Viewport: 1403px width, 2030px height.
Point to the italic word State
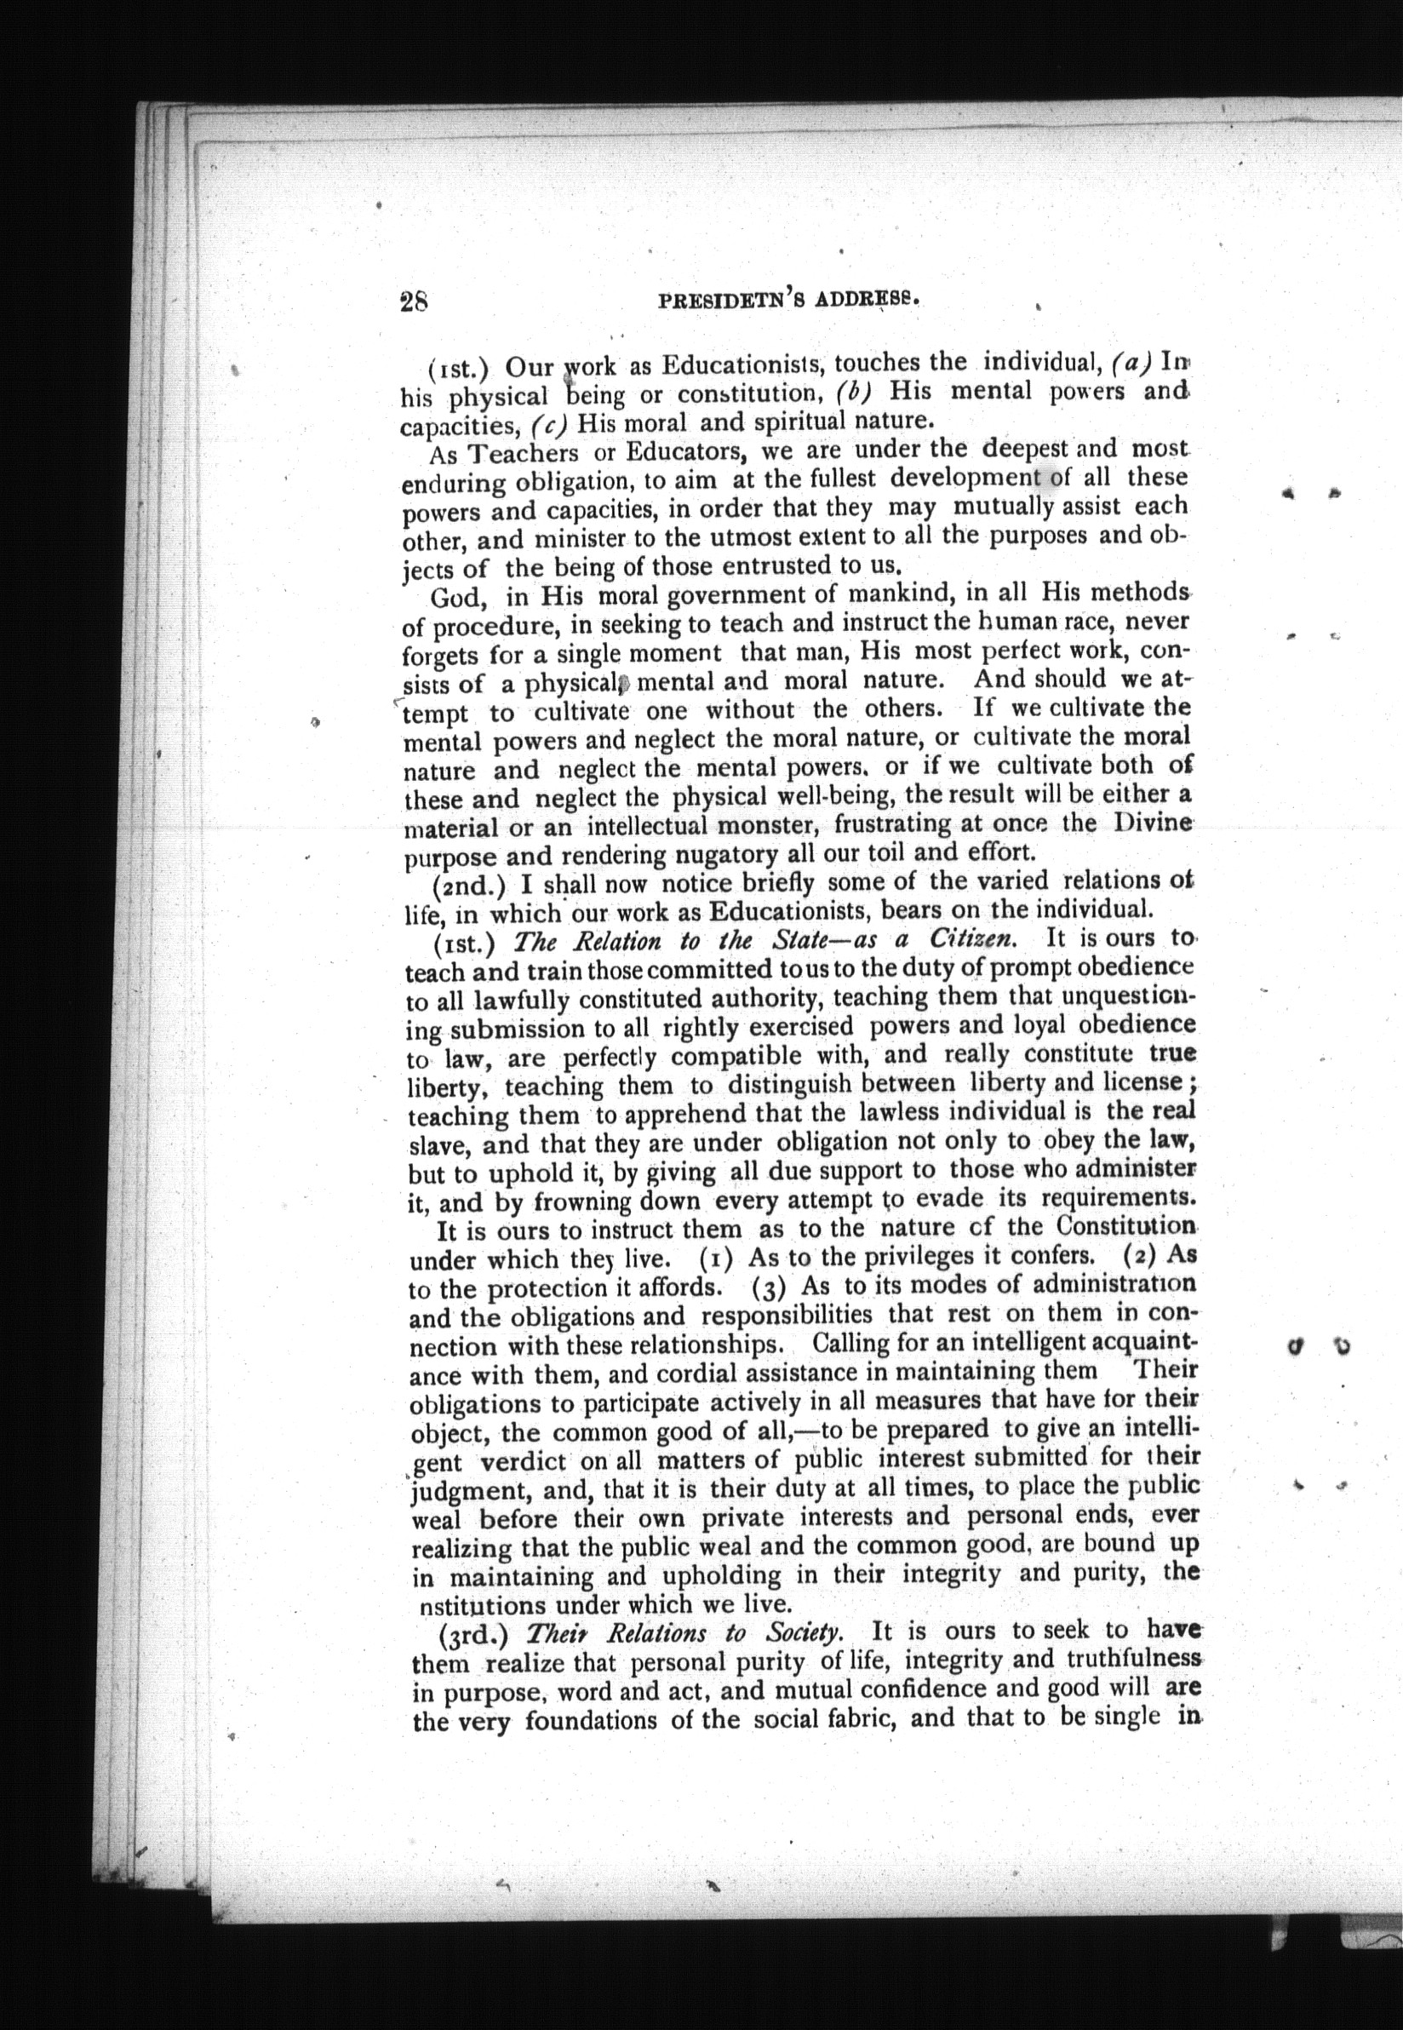[x=799, y=941]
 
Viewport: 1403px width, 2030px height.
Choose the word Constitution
[x=1126, y=1225]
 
